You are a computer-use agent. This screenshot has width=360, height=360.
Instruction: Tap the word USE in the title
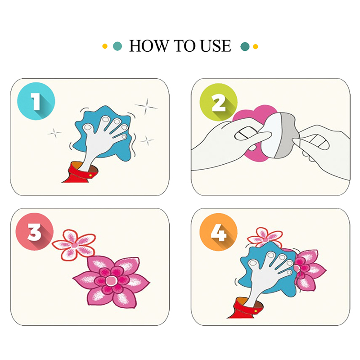216,46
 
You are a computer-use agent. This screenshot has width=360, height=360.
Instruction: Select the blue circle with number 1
36,101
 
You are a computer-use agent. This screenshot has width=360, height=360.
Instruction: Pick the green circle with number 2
218,102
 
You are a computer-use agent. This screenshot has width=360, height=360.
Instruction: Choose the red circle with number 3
35,231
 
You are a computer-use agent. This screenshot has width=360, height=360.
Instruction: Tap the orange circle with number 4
218,232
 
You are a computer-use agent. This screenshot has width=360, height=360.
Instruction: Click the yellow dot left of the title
105,46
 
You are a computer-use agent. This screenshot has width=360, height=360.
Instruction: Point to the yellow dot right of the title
255,47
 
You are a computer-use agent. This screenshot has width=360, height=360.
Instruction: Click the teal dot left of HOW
117,46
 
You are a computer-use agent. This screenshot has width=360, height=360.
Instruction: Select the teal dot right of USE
245,47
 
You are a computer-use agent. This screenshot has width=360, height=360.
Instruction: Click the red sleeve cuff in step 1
81,173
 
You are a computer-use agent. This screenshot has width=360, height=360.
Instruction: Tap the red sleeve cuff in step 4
246,308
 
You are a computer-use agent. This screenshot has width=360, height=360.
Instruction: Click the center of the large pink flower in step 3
111,280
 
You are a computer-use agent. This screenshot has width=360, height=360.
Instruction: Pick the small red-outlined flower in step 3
74,245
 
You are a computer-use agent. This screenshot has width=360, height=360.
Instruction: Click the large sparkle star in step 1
147,106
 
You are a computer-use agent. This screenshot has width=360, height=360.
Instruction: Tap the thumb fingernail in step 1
88,127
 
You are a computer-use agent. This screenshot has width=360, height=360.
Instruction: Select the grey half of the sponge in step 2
286,135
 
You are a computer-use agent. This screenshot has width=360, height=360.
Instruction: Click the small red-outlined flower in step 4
265,238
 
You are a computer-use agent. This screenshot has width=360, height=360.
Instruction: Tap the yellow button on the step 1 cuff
90,175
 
